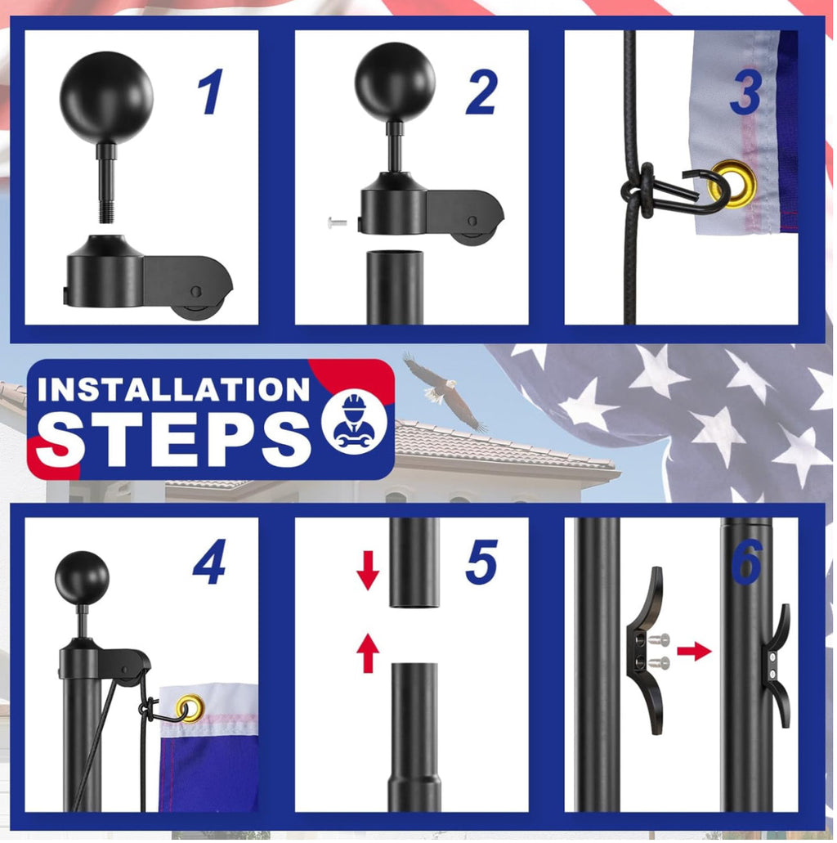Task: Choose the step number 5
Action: (481, 563)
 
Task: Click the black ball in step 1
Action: (106, 97)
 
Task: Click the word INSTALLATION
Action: (173, 389)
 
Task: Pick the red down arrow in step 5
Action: (368, 571)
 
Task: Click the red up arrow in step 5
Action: (368, 653)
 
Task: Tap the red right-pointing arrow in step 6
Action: (695, 651)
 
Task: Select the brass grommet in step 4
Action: (190, 707)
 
